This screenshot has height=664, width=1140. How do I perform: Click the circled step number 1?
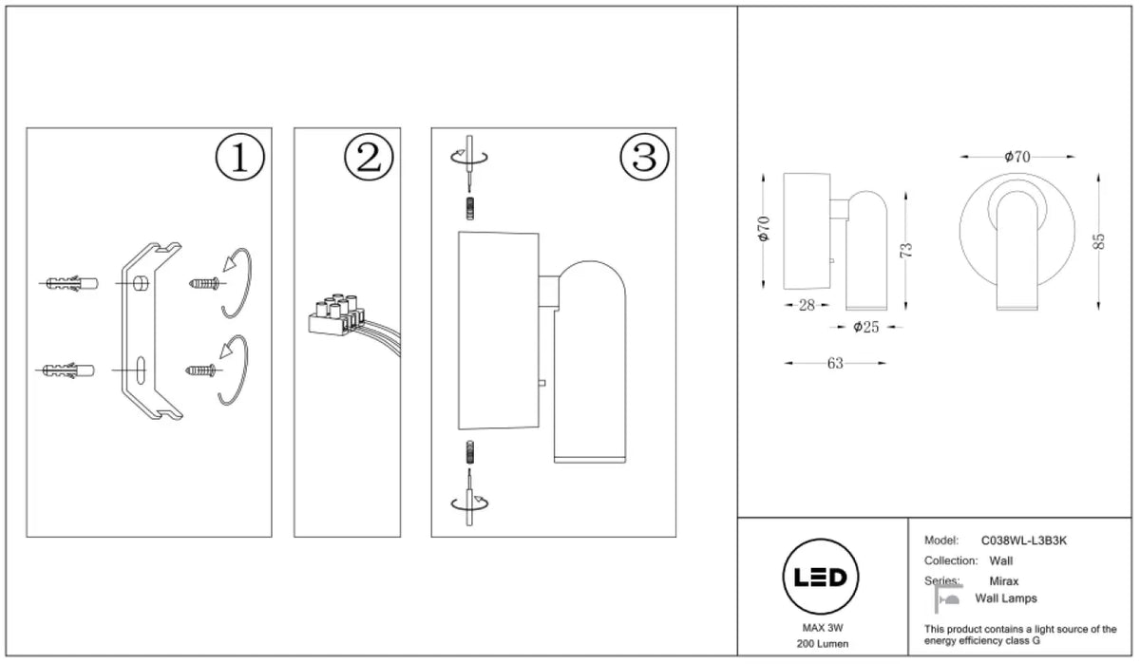(239, 157)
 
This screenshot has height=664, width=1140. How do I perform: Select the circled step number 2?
(369, 157)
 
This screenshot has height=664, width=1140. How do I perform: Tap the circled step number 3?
(644, 157)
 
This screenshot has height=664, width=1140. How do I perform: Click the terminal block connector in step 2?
(337, 313)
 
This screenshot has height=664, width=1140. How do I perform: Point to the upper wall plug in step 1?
(72, 283)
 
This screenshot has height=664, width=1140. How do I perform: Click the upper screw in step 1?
(204, 283)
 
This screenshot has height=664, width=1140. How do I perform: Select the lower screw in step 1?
(200, 370)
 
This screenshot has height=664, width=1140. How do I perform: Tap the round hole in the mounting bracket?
(141, 283)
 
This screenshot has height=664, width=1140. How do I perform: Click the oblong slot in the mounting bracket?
(141, 370)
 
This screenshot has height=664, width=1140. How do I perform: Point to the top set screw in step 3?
(470, 208)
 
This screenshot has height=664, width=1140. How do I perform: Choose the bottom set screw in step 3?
(470, 452)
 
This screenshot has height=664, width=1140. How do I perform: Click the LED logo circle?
(821, 577)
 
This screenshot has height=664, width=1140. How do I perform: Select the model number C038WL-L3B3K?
(1023, 541)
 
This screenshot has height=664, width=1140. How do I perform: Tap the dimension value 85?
(1098, 241)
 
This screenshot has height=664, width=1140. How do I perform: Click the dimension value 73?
(906, 251)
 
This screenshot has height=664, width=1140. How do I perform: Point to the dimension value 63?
(835, 363)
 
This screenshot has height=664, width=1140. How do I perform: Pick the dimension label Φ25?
(866, 327)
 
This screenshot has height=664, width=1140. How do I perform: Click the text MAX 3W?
(823, 629)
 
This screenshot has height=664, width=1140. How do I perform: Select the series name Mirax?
(1003, 581)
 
